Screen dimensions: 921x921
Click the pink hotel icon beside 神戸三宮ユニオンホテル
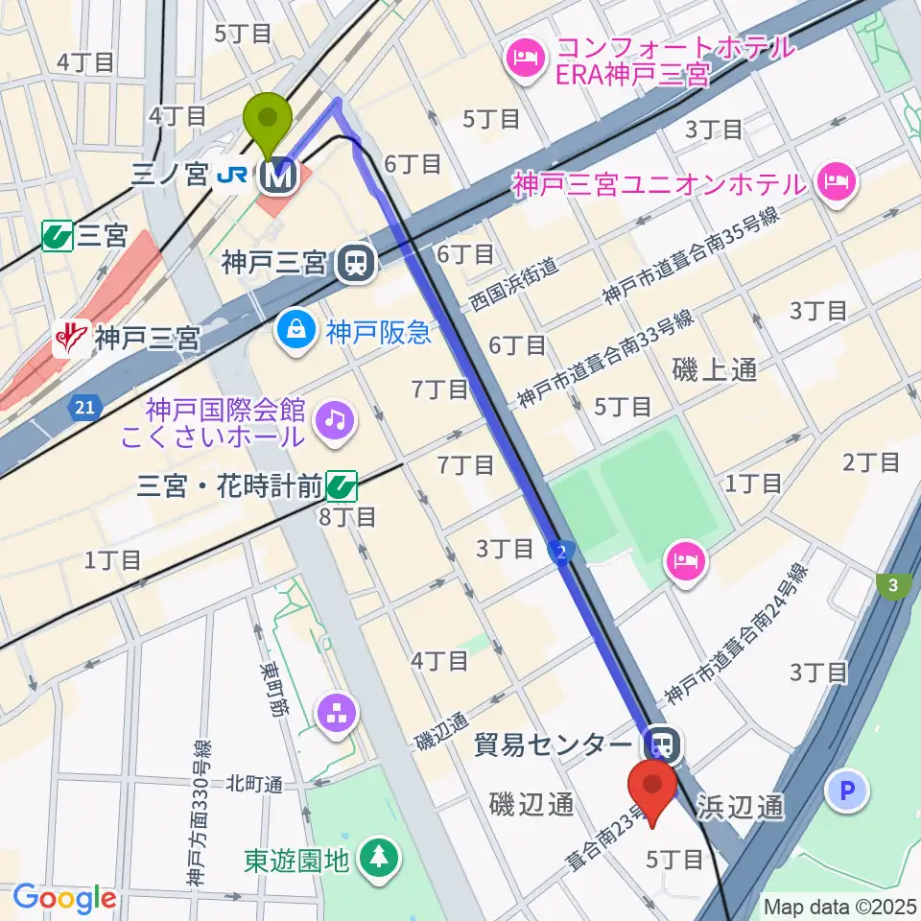pyautogui.click(x=838, y=181)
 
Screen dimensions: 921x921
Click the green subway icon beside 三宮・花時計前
pyautogui.click(x=342, y=487)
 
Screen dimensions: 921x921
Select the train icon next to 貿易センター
pyautogui.click(x=661, y=743)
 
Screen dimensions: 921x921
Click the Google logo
pyautogui.click(x=64, y=897)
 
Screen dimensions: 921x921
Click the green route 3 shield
pyautogui.click(x=893, y=586)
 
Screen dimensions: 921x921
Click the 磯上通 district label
pyautogui.click(x=714, y=369)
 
